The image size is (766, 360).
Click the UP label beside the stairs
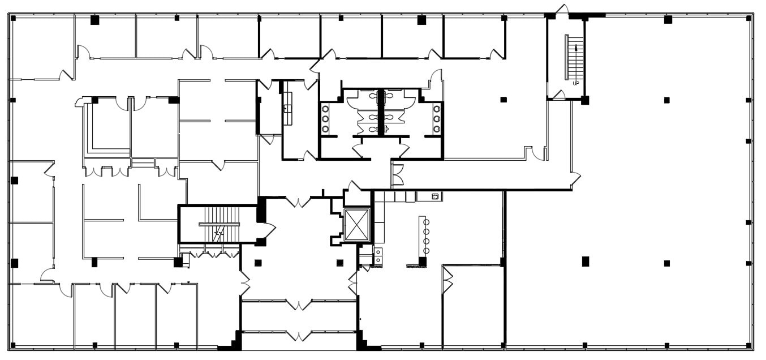pos(576,83)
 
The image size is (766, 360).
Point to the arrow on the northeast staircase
pos(576,49)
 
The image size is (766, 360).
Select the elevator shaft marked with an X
pos(356,224)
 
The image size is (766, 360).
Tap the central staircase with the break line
pos(220,224)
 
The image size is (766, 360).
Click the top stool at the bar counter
pos(427,222)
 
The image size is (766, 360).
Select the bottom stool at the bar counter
pos(427,250)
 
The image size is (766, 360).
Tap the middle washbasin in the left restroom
pos(325,119)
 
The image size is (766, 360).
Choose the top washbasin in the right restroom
pos(437,109)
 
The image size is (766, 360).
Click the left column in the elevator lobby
pos(258,262)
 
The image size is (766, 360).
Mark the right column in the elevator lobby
pos(340,262)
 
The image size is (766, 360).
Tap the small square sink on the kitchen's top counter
pos(435,196)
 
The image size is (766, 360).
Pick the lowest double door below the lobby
pos(298,335)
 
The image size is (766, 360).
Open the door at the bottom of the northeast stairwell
pos(559,95)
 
